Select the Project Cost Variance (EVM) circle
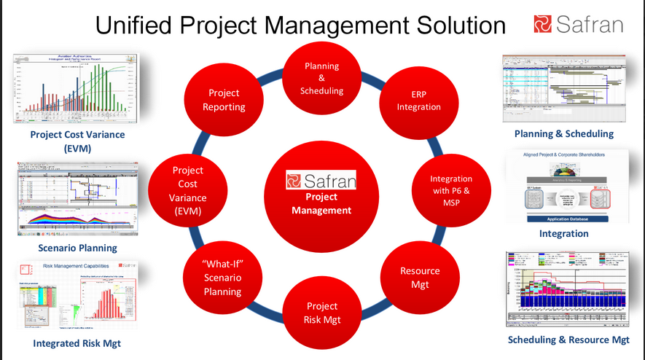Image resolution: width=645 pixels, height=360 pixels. [x=188, y=192]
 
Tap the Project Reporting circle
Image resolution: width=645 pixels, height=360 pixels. [x=224, y=100]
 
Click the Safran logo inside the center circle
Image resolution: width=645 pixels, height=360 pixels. [x=321, y=179]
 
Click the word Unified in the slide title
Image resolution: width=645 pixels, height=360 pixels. [x=138, y=26]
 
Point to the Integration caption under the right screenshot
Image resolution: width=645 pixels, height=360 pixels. [x=563, y=233]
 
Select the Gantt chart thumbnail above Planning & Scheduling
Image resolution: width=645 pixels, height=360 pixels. [x=563, y=89]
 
